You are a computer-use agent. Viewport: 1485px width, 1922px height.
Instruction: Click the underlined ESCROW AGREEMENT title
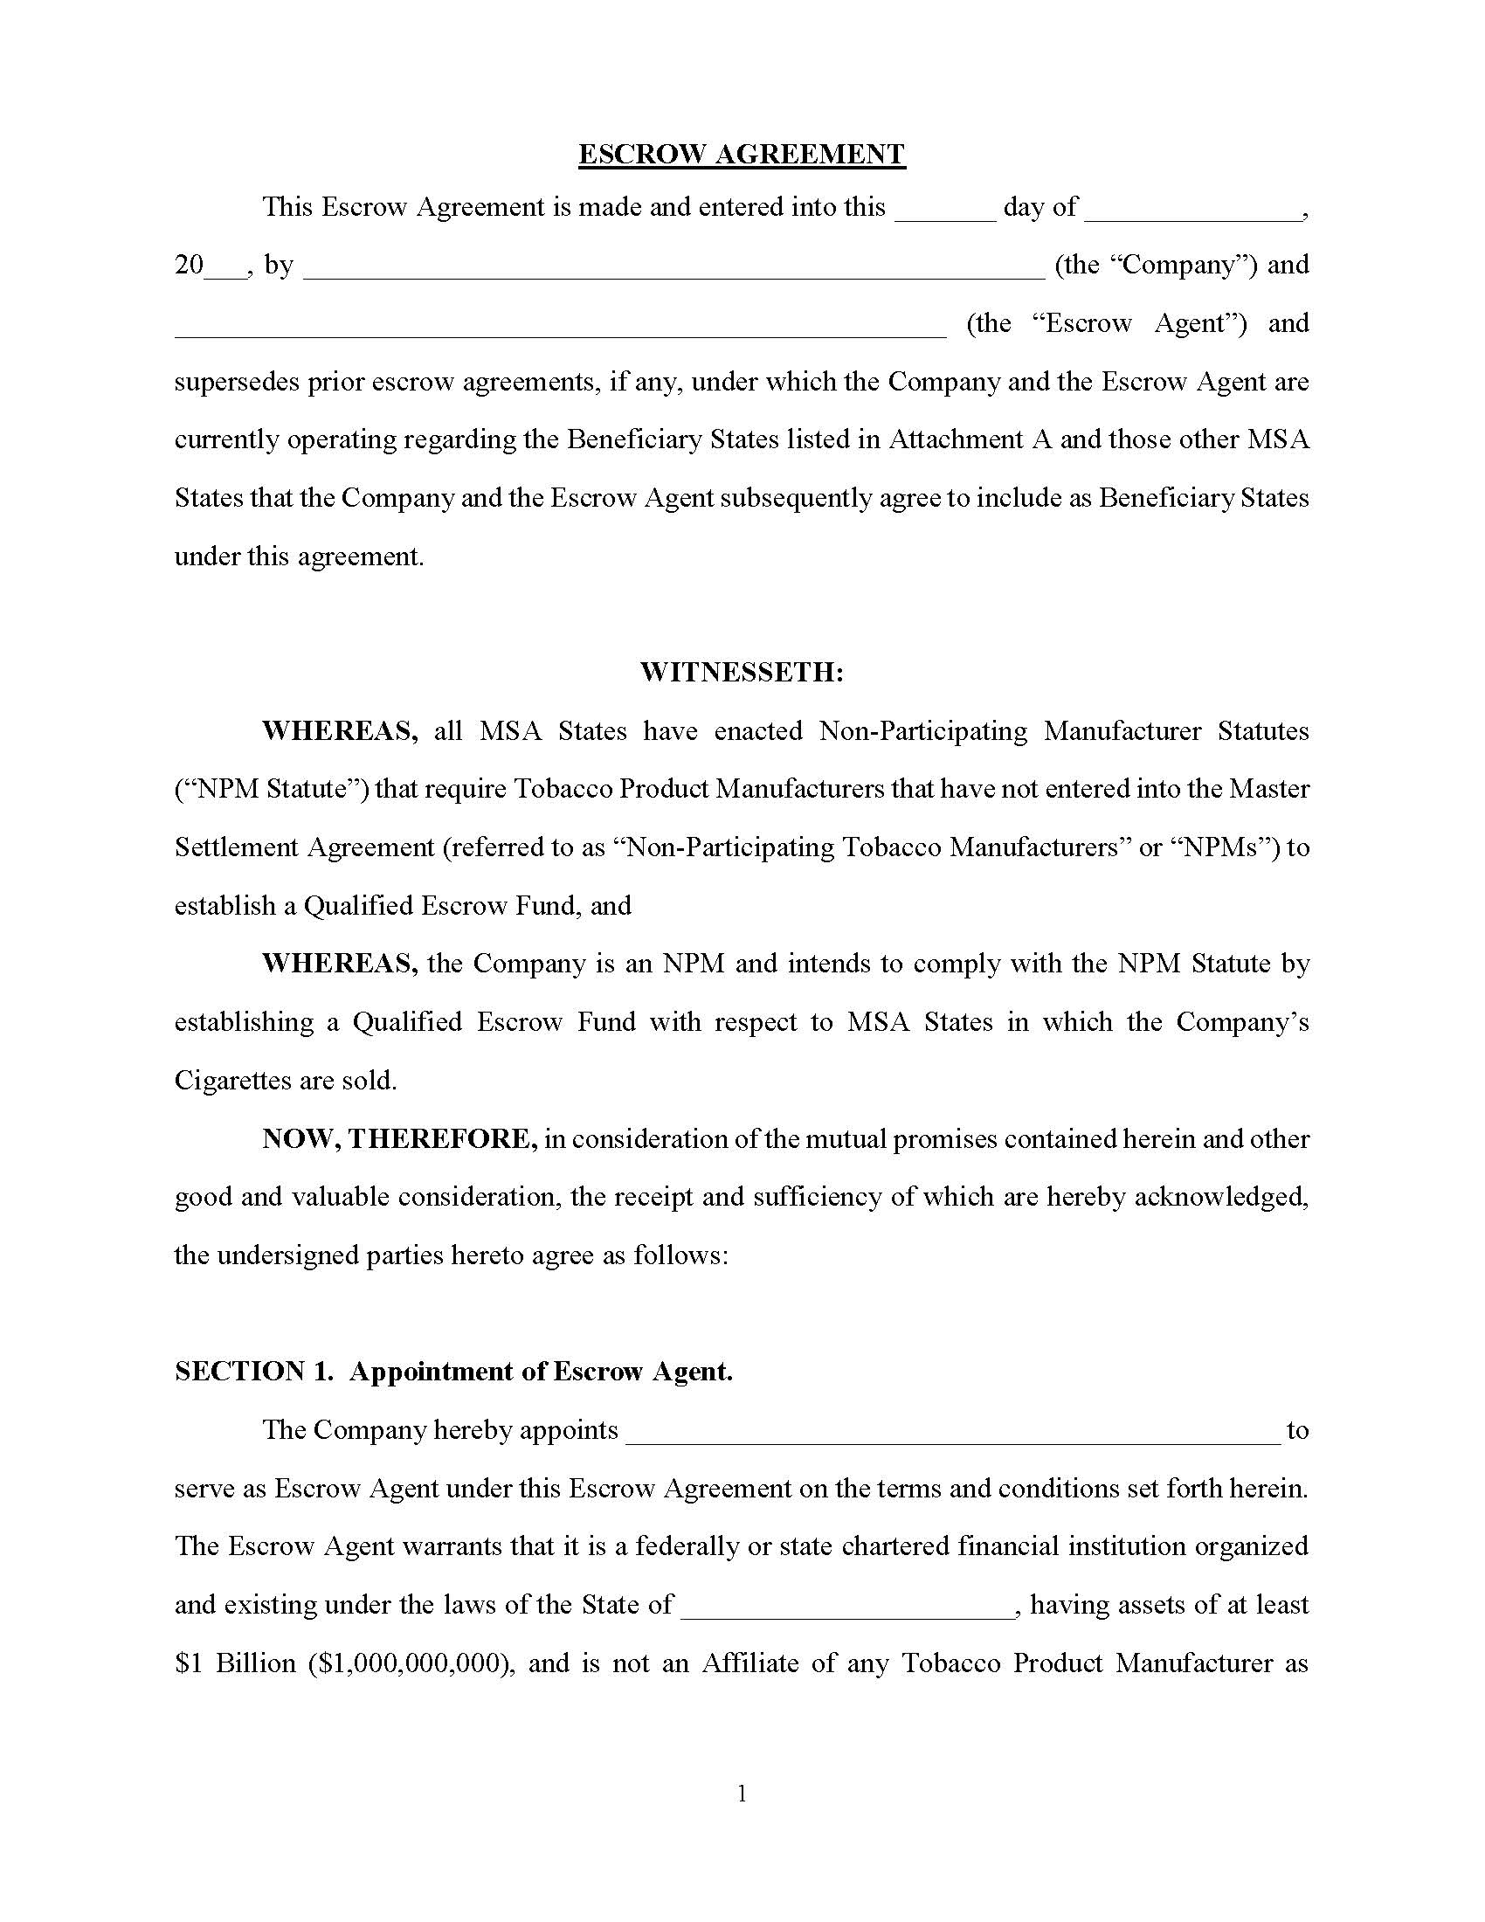pos(741,155)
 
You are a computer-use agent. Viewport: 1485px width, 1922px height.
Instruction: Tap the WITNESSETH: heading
pos(741,674)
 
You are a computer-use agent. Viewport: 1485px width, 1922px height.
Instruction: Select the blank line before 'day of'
pos(944,213)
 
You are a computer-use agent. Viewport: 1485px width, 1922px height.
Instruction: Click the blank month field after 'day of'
pos(1192,213)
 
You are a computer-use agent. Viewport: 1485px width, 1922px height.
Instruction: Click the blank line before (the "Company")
pos(673,271)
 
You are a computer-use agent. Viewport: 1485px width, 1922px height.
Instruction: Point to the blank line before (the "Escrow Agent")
pos(560,330)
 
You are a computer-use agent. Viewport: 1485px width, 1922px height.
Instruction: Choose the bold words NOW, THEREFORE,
pos(399,1138)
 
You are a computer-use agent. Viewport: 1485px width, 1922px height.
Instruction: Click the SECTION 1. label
pos(253,1372)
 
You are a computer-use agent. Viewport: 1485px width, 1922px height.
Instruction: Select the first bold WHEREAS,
pos(340,731)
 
